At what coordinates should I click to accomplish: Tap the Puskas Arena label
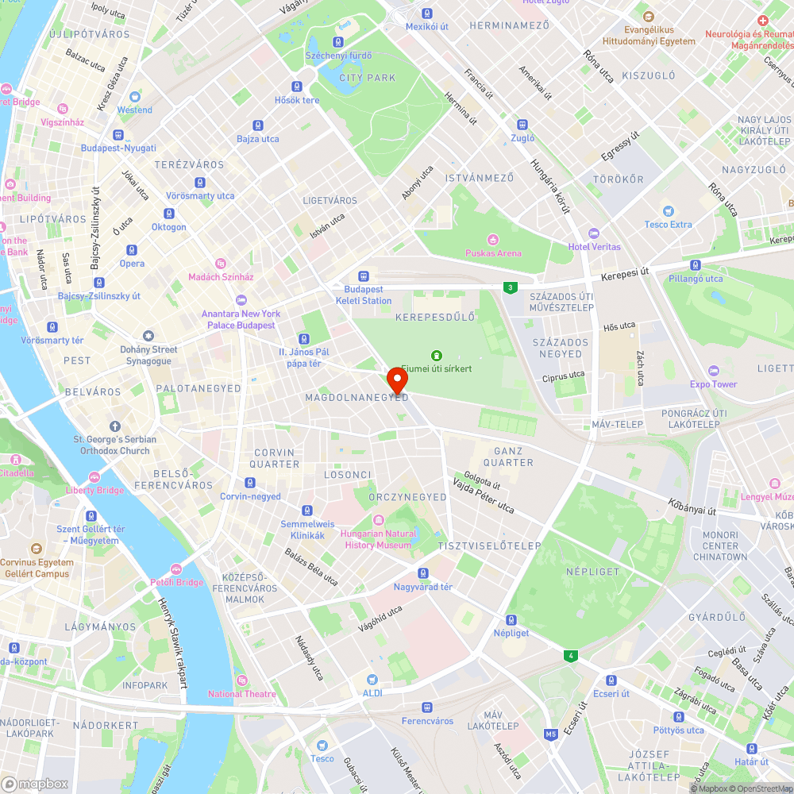[493, 252]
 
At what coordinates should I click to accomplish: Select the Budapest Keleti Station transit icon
[363, 276]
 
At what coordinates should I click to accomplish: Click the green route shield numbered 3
[508, 287]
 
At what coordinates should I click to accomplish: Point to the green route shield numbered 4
[569, 655]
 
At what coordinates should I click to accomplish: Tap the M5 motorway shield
[551, 734]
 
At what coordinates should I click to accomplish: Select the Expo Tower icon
[713, 371]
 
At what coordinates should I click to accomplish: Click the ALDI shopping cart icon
[372, 680]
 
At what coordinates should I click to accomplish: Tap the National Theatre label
[241, 693]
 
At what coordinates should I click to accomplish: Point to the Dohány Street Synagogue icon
[148, 336]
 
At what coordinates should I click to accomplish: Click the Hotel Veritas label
[594, 246]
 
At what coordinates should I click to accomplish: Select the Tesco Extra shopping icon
[668, 211]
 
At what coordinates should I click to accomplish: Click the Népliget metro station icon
[511, 620]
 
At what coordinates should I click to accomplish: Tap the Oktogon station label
[168, 226]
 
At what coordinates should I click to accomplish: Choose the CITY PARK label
[367, 78]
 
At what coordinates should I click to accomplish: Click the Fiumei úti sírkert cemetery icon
[435, 355]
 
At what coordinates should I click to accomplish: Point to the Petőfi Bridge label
[177, 582]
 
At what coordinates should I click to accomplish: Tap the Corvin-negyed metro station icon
[250, 483]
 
